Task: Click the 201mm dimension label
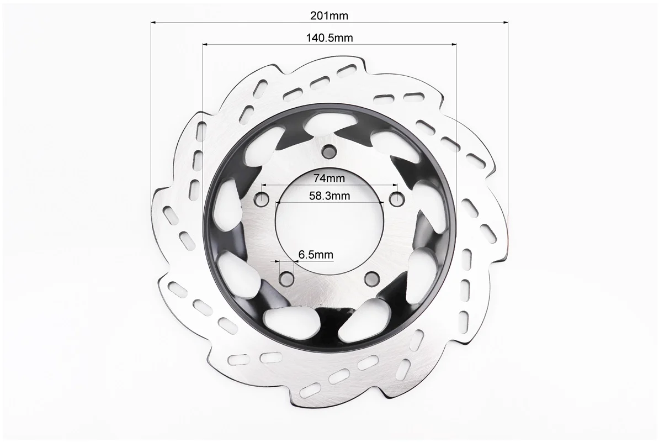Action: point(329,15)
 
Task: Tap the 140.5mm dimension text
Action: point(329,38)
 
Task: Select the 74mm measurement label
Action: point(329,178)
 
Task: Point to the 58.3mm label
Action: point(329,196)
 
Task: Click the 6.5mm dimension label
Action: point(316,255)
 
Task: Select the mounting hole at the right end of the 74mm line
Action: point(396,197)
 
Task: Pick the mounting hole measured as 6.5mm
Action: point(287,277)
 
